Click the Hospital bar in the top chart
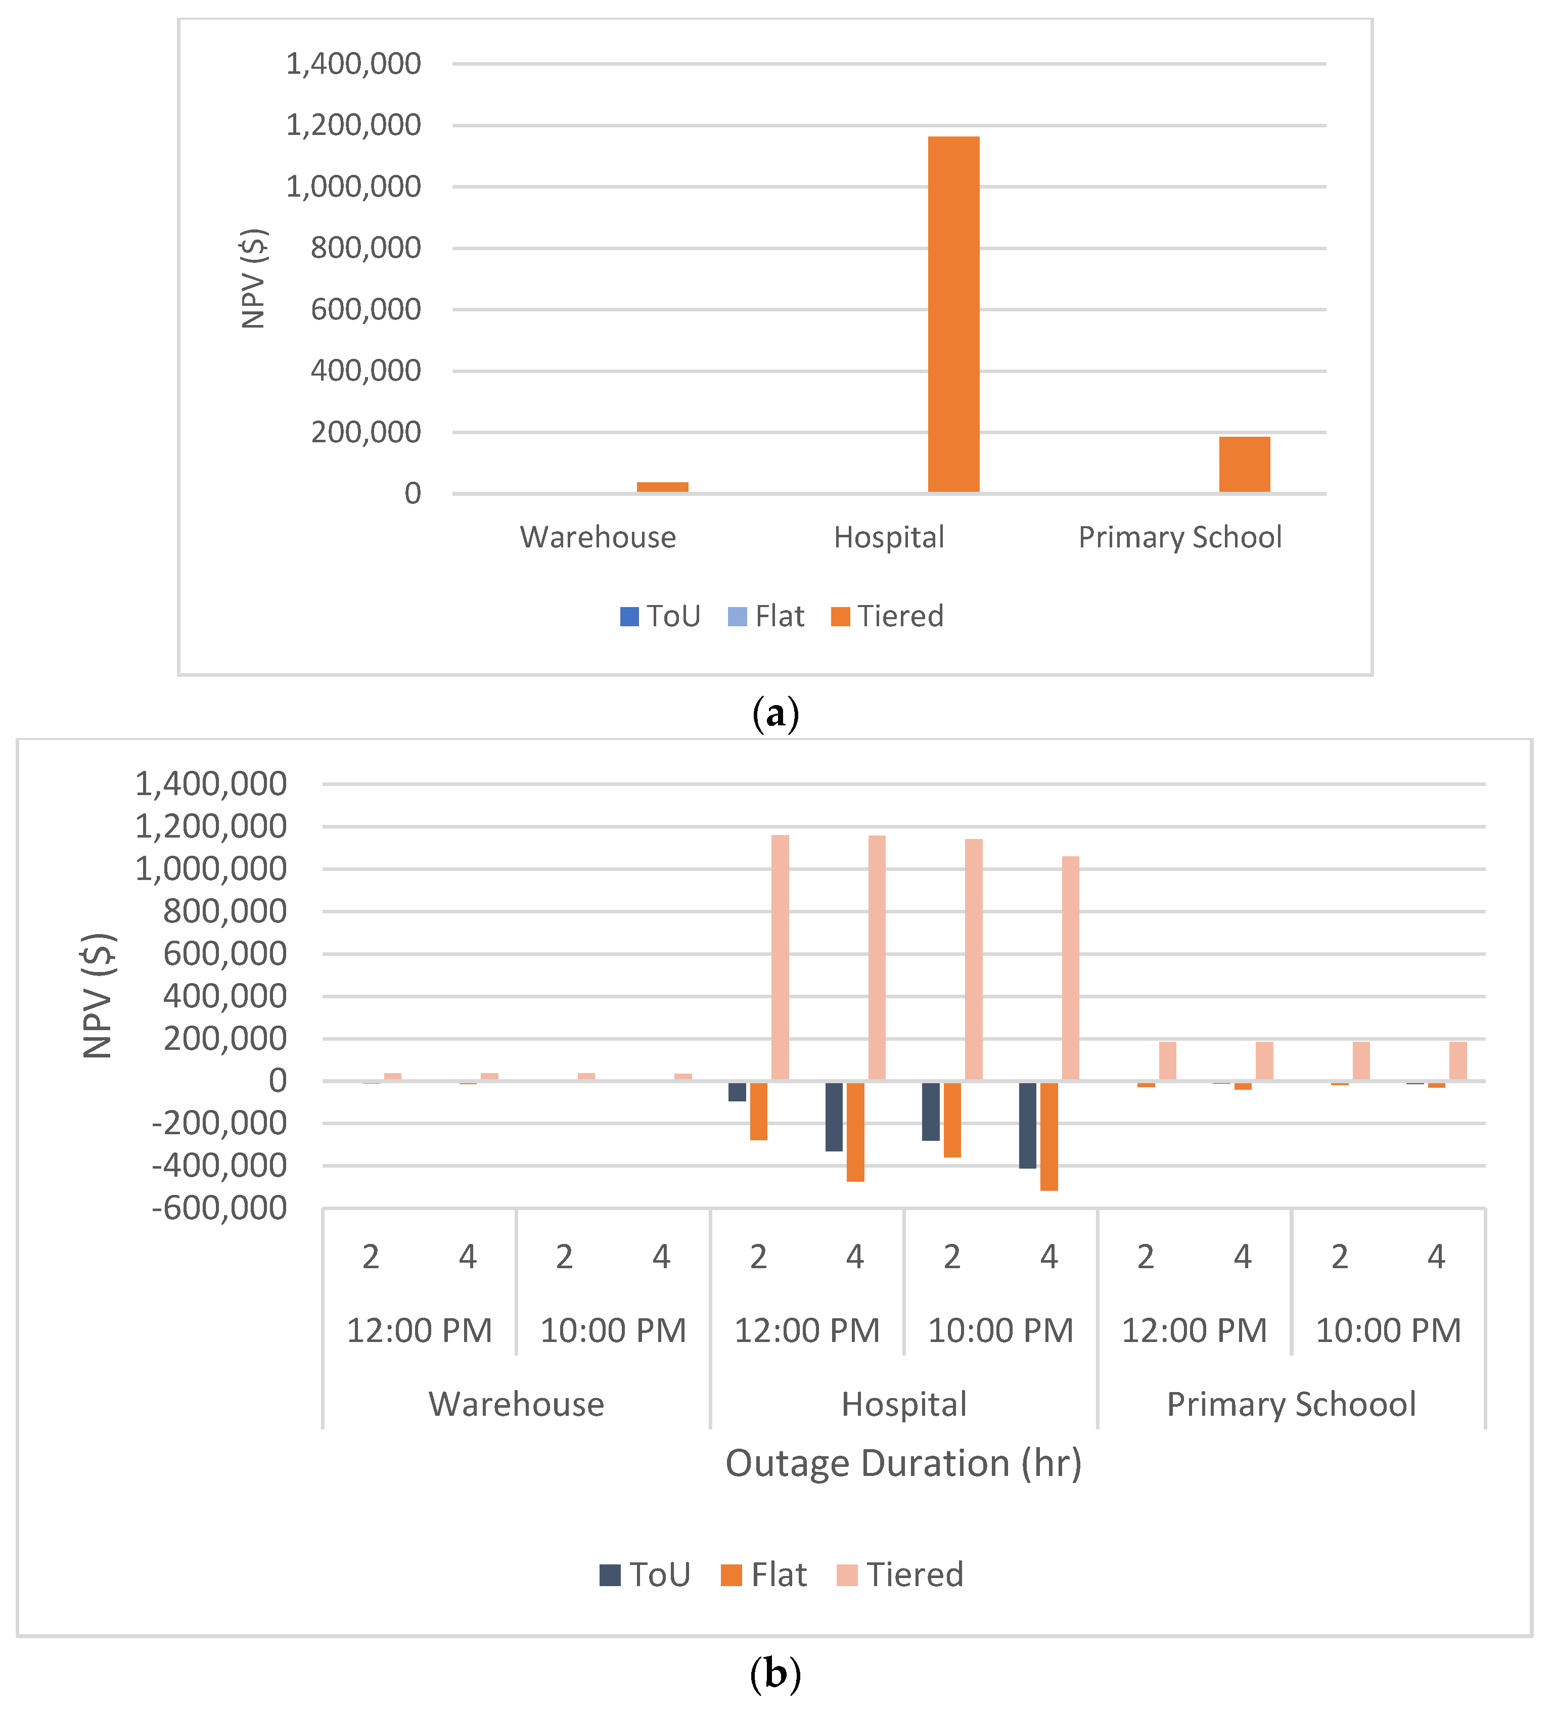point(953,314)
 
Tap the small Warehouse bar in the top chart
point(662,487)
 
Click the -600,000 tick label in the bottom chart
point(219,1208)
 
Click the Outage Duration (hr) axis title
point(903,1463)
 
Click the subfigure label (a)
point(775,713)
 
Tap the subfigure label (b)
point(775,1674)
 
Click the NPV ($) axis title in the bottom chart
point(99,995)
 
